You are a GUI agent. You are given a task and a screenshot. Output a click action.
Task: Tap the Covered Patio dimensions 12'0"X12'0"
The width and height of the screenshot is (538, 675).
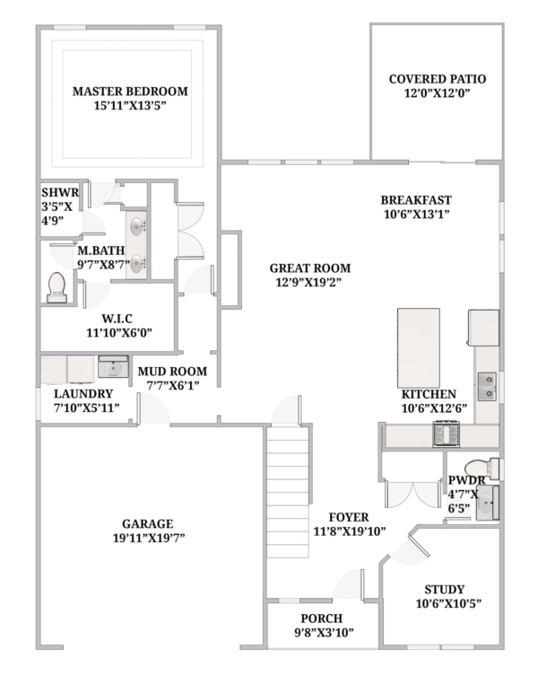pyautogui.click(x=437, y=93)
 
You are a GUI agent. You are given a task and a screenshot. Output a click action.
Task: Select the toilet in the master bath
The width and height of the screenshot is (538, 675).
pyautogui.click(x=56, y=287)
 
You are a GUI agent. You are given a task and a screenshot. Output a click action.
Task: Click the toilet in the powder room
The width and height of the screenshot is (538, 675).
pyautogui.click(x=482, y=469)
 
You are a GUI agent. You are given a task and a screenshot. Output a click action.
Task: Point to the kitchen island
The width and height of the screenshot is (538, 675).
pyautogui.click(x=419, y=348)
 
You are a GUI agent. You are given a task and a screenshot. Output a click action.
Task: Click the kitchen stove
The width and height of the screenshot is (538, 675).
pyautogui.click(x=447, y=434)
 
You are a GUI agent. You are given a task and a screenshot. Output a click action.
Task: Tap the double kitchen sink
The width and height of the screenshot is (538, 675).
pyautogui.click(x=487, y=386)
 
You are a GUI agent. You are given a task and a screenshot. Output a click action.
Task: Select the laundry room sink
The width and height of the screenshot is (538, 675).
pyautogui.click(x=113, y=366)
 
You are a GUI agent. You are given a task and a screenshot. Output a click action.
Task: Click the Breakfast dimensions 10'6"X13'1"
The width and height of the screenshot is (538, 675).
pyautogui.click(x=416, y=214)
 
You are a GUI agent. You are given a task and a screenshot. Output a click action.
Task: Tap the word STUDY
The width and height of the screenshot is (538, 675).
pyautogui.click(x=444, y=590)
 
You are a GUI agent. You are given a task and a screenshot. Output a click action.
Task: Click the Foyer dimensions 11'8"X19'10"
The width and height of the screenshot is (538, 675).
pyautogui.click(x=349, y=531)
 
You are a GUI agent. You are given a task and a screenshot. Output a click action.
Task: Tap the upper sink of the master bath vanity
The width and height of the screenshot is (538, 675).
pyautogui.click(x=137, y=225)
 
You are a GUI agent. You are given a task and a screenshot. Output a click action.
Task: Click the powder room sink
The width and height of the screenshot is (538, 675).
pyautogui.click(x=487, y=503)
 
